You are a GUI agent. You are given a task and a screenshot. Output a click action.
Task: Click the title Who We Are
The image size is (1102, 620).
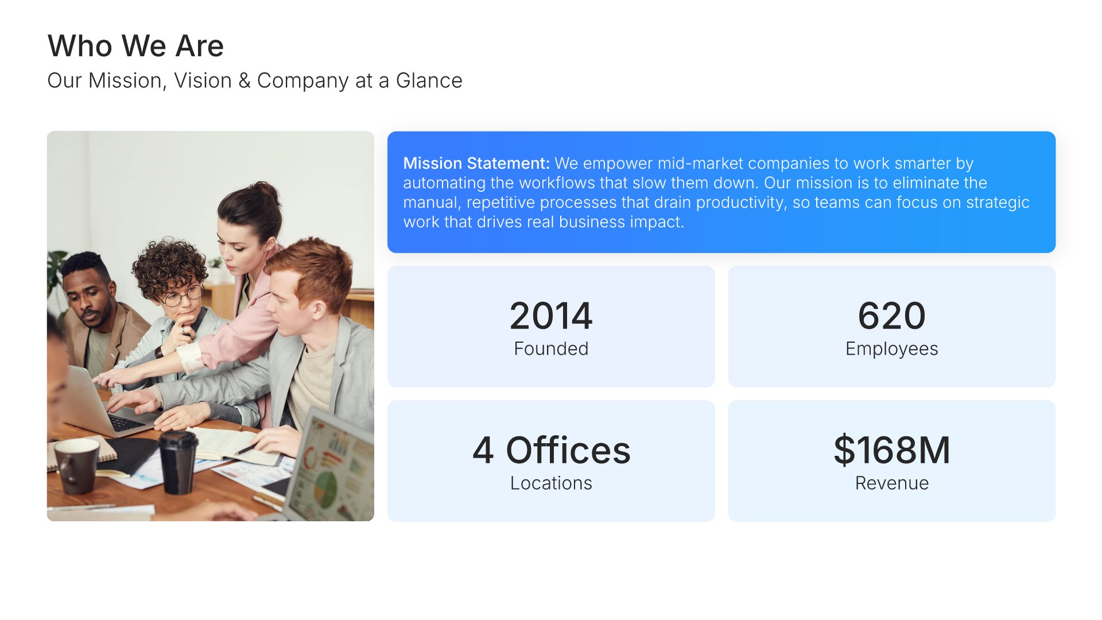[135, 46]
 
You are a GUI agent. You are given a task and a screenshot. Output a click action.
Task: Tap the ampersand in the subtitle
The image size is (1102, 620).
[245, 81]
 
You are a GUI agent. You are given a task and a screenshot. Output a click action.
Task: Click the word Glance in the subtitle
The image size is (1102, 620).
[429, 81]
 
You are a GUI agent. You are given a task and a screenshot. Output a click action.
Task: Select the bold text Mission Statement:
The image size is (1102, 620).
[476, 164]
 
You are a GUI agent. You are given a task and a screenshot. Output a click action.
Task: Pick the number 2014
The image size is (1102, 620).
[551, 316]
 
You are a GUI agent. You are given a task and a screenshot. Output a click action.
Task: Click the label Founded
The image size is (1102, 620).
[551, 348]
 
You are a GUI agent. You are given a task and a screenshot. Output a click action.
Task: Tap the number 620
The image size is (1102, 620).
[891, 316]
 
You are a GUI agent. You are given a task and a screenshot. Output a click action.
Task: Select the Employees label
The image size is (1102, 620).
[891, 349]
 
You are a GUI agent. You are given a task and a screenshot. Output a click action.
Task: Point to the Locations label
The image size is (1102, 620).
[551, 483]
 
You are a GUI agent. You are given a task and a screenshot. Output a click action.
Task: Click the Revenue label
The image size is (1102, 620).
[891, 483]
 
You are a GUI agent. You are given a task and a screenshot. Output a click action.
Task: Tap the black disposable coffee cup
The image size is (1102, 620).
[178, 462]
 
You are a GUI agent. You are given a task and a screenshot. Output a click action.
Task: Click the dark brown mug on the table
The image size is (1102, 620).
[77, 466]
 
